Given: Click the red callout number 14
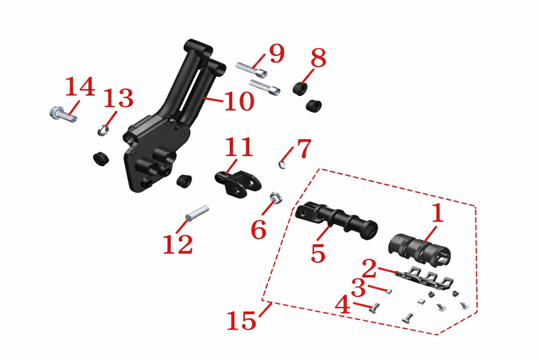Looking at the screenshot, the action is (x=80, y=86).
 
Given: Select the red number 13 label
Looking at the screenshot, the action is (x=118, y=98).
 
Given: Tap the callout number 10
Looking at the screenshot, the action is (x=240, y=101).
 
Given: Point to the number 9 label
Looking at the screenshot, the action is (x=277, y=54).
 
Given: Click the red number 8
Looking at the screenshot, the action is (x=318, y=58).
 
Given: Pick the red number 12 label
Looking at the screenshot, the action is (x=178, y=245).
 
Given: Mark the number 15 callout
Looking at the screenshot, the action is (x=242, y=320).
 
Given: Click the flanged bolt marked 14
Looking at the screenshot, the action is (x=63, y=114).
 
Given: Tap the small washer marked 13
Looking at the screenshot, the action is (x=103, y=130).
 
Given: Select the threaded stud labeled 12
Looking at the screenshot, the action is (x=197, y=213).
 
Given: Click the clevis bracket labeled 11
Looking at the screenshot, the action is (x=238, y=182).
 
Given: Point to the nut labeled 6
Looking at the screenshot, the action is (x=275, y=197).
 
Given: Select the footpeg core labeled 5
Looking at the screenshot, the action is (x=336, y=222).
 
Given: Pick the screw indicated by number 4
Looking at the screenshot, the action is (x=375, y=308).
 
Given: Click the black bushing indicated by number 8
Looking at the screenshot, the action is (x=300, y=88).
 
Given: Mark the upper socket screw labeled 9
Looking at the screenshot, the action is (x=251, y=70).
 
